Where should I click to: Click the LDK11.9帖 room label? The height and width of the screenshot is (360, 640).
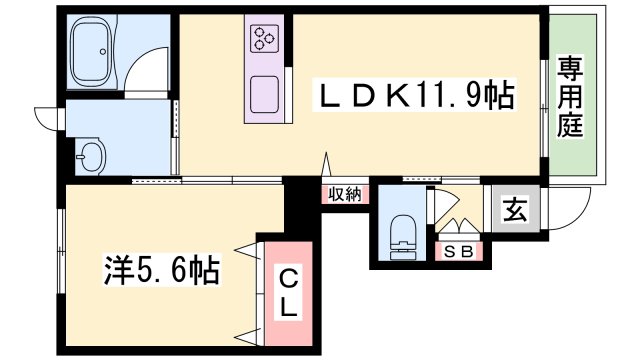coord(415,97)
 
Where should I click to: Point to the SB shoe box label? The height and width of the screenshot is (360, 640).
coord(459,251)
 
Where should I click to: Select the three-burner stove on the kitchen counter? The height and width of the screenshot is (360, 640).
coord(265,40)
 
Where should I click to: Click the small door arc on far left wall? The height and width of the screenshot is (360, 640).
coord(46,117)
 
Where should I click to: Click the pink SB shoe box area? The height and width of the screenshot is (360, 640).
coord(460,251)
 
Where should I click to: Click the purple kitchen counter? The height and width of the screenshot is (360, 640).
coord(266,66)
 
